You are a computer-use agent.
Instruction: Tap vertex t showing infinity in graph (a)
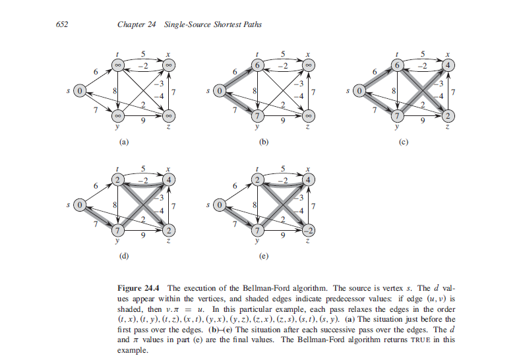click(117, 65)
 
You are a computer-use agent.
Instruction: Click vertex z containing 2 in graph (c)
click(448, 117)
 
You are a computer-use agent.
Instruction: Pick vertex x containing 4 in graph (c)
click(448, 65)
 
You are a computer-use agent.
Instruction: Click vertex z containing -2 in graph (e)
click(309, 230)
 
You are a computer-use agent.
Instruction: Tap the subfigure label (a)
click(122, 142)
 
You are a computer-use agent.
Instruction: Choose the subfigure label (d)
click(122, 255)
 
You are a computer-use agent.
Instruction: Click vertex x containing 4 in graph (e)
click(309, 179)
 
